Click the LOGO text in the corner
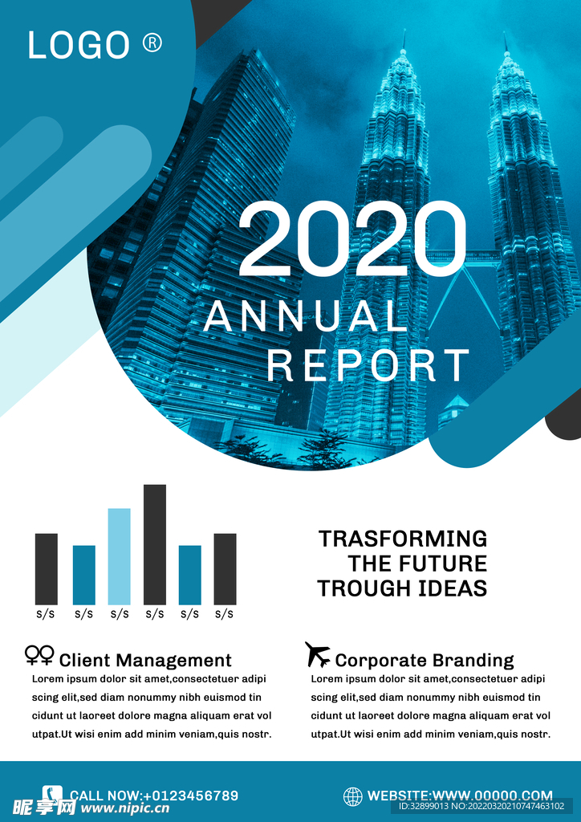[79, 45]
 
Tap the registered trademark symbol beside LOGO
[152, 43]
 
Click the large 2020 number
[352, 238]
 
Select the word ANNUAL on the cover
[303, 316]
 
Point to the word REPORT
[368, 365]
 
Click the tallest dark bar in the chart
[155, 544]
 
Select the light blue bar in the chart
[120, 556]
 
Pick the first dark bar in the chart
[46, 569]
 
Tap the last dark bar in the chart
[225, 569]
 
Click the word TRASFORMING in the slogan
[403, 539]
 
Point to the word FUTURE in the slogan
[443, 564]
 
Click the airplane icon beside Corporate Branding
[318, 654]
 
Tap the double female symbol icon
[39, 655]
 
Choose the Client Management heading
[145, 660]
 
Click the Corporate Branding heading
[425, 660]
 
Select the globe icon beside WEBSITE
[352, 796]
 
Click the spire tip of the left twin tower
[404, 31]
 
